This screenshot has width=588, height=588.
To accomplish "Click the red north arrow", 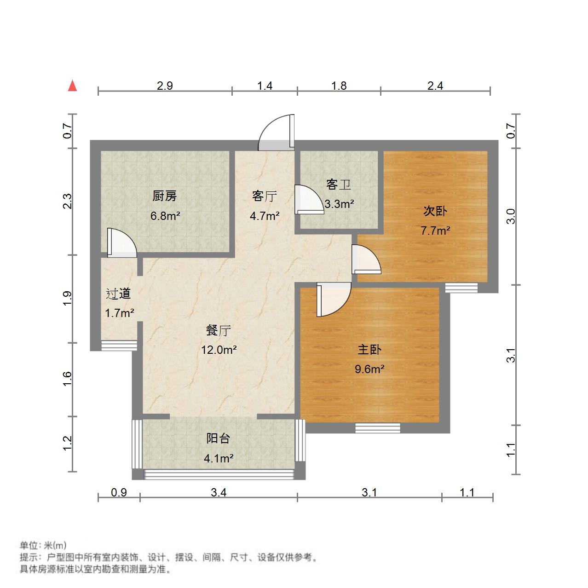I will point(72,86).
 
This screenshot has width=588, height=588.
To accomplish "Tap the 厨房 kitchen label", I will point(164,196).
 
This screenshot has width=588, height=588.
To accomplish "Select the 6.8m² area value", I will point(165,215).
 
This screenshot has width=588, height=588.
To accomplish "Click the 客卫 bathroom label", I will point(339,185).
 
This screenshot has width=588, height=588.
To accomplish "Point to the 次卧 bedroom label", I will point(435,211).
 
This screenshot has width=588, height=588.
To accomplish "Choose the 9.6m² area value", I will point(369,369).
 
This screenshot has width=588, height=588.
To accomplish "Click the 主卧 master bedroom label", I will point(369,350).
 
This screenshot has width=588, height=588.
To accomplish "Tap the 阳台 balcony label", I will point(218,438).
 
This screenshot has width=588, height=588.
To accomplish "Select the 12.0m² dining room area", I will point(219,350).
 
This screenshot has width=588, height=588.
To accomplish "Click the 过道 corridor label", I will point(119,294).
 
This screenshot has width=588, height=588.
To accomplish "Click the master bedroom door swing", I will point(334,300).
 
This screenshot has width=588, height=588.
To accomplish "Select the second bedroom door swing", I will point(366,259).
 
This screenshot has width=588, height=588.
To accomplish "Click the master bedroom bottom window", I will point(377,428).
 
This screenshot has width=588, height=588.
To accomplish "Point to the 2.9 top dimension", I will point(165,86).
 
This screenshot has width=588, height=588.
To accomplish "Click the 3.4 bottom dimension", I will point(219,493).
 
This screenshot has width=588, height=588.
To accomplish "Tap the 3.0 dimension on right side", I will point(510,216).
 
